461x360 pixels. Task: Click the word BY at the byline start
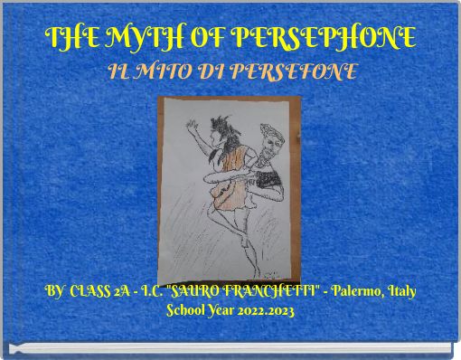(55, 293)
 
